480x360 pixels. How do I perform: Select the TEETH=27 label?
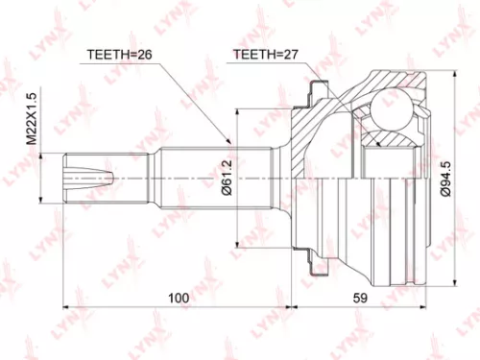tap(262, 56)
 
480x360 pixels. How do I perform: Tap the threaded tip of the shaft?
tap(76, 178)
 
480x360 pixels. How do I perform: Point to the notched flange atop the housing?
tap(313, 93)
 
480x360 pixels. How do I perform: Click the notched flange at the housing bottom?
tap(313, 261)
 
